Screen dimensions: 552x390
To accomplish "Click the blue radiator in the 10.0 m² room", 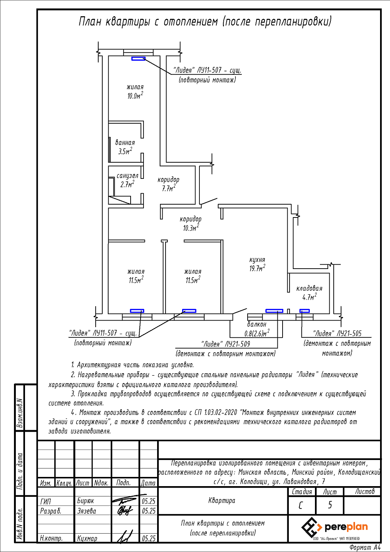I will click(x=138, y=59).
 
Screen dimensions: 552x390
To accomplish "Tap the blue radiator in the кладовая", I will click(x=304, y=311).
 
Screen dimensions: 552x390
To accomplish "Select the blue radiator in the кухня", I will click(x=274, y=311).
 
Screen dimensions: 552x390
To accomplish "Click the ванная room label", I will click(x=125, y=142).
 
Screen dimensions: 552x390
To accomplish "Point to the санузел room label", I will click(x=127, y=176).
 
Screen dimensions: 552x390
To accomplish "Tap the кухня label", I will click(x=257, y=259).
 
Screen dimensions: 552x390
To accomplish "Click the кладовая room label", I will click(x=309, y=288).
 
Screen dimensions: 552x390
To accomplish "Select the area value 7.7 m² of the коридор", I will click(x=169, y=188).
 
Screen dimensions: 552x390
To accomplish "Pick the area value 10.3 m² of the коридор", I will click(x=191, y=228).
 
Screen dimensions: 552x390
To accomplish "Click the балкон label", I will click(x=256, y=324).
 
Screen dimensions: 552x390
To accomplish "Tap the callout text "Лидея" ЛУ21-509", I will click(x=226, y=344).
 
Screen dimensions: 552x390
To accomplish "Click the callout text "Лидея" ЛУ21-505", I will click(x=337, y=334).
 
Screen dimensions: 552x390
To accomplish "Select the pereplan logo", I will click(x=334, y=527).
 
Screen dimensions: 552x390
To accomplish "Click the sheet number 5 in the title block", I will click(x=330, y=505).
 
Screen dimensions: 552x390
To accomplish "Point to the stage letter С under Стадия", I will click(x=301, y=505).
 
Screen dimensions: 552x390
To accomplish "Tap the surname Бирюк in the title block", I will click(x=85, y=501).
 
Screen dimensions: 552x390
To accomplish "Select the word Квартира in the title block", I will click(x=221, y=500).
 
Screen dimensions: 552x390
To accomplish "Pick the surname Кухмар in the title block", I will click(x=87, y=538).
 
